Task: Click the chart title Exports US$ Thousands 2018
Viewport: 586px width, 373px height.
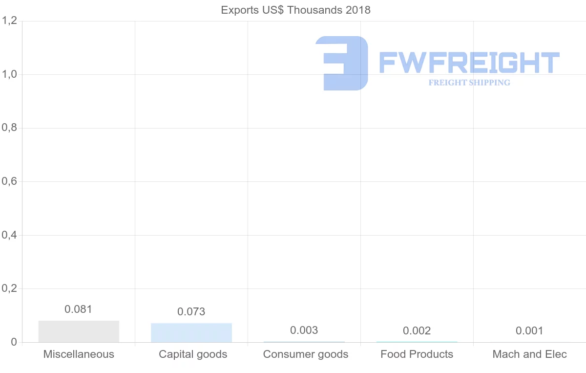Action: click(x=295, y=10)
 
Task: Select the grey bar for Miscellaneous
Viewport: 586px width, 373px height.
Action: click(x=79, y=331)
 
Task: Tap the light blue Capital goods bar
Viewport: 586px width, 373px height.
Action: click(x=191, y=332)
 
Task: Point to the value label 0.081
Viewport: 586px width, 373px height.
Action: click(x=78, y=309)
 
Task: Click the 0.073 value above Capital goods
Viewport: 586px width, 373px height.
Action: click(x=191, y=311)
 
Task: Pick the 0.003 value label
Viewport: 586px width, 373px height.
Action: click(x=304, y=330)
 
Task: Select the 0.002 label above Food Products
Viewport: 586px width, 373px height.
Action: click(x=417, y=331)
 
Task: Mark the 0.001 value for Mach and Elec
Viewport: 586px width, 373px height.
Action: click(x=529, y=331)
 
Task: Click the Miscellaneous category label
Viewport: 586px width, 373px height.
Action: click(x=79, y=354)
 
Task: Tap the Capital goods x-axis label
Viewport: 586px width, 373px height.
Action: click(x=193, y=354)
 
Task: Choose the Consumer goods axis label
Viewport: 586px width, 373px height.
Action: click(x=306, y=354)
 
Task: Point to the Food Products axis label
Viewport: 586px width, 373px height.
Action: click(x=417, y=354)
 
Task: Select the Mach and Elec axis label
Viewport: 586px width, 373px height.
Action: click(x=529, y=354)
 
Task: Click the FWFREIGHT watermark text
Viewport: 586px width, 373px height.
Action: click(x=469, y=63)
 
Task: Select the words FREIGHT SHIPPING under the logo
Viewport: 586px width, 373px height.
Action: click(x=469, y=83)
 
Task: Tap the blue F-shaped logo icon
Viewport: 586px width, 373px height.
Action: click(x=342, y=63)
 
